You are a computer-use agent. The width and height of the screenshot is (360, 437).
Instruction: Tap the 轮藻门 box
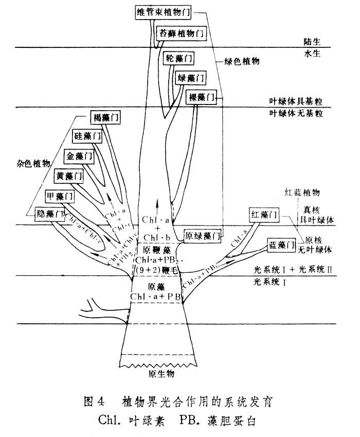coord(178,59)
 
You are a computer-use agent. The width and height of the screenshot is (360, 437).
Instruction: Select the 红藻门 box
coord(264,214)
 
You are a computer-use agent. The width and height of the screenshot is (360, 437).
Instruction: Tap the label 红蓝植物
coord(303,193)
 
